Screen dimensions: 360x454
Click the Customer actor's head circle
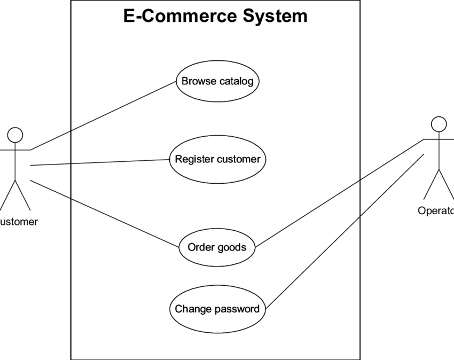point(15,135)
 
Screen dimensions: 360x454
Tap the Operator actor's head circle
point(439,124)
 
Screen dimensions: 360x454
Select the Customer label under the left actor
point(19,222)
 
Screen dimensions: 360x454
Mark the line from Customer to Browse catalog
point(101,116)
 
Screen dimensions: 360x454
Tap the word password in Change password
point(238,309)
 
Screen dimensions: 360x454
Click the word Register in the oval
point(194,159)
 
